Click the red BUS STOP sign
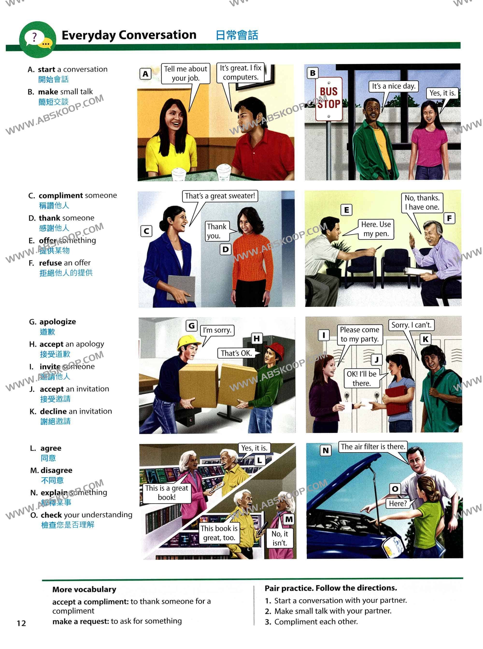[329, 99]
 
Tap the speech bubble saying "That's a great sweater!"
[220, 196]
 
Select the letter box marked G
[192, 326]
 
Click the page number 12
[21, 623]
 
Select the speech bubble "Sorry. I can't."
[411, 325]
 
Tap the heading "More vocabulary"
[84, 589]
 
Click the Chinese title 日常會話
[237, 35]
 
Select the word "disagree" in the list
[57, 470]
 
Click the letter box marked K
[426, 339]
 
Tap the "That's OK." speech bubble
[236, 353]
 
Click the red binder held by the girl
[397, 399]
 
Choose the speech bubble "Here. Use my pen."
[376, 229]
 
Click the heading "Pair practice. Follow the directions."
[331, 588]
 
